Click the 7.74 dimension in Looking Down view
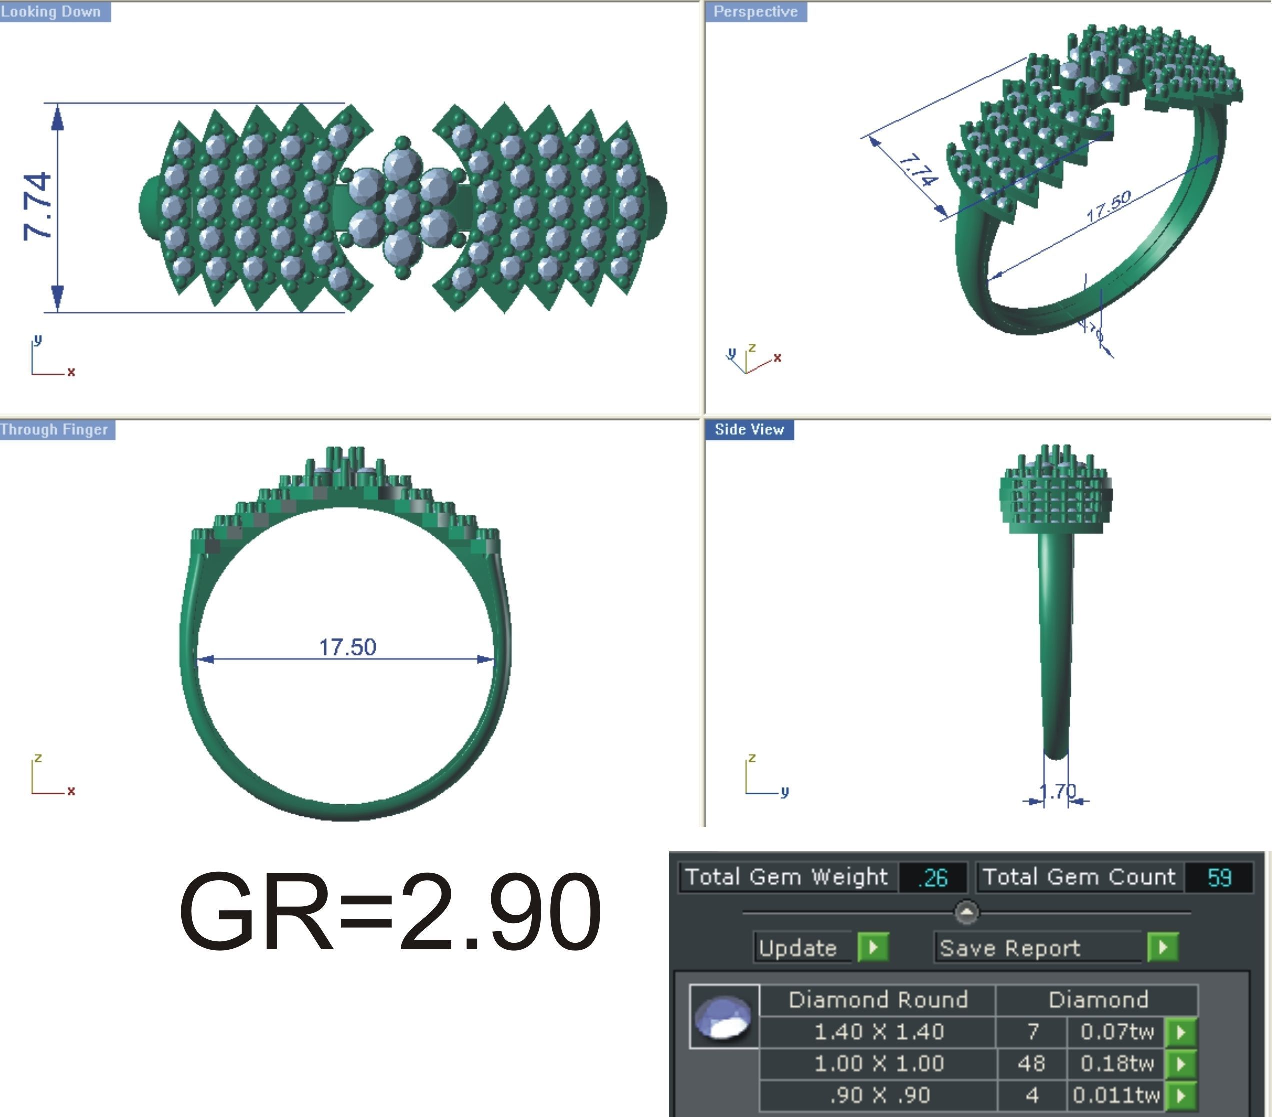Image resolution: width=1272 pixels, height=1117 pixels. pyautogui.click(x=36, y=206)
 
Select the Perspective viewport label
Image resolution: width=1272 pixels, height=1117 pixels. pyautogui.click(x=755, y=12)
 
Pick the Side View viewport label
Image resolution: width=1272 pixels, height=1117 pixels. pyautogui.click(x=749, y=430)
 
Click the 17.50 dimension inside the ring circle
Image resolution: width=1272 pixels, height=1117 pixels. pyautogui.click(x=347, y=647)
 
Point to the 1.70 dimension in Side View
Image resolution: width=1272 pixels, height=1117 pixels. pyautogui.click(x=1057, y=791)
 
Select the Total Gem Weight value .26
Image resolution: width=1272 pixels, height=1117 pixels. pyautogui.click(x=932, y=877)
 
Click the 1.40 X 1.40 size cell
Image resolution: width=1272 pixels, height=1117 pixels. pyautogui.click(x=878, y=1032)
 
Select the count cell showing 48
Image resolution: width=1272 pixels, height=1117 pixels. pyautogui.click(x=1031, y=1064)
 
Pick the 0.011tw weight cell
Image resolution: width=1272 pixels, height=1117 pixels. pyautogui.click(x=1116, y=1095)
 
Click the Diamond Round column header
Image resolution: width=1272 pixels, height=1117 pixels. pyautogui.click(x=878, y=1000)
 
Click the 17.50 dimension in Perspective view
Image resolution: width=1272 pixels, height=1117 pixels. pyautogui.click(x=1108, y=207)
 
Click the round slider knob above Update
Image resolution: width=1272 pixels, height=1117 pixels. pyautogui.click(x=966, y=913)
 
